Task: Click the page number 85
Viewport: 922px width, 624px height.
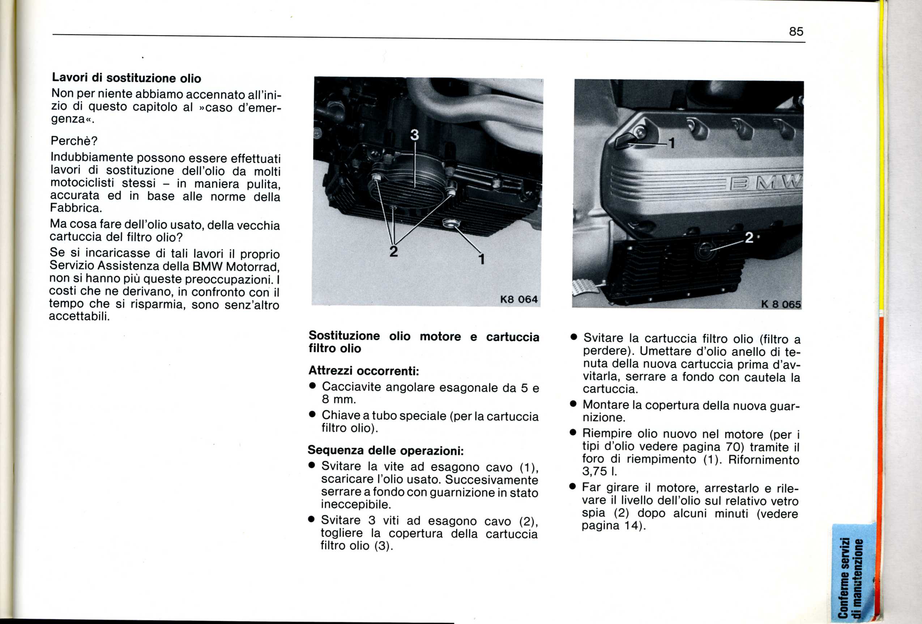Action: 796,31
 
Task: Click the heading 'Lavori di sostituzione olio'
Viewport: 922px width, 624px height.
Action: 127,78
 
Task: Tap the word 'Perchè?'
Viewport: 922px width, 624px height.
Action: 74,141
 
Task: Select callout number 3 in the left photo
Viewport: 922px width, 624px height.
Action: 414,135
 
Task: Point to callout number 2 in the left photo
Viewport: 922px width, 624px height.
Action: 393,251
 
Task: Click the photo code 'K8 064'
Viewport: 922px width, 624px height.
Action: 519,299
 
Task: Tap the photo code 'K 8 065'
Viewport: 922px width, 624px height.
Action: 781,304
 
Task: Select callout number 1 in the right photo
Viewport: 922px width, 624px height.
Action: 672,143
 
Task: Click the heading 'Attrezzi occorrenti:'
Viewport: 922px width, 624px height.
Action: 364,371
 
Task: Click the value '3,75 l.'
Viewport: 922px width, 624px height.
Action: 599,472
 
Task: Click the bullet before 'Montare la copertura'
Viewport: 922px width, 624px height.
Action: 573,405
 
